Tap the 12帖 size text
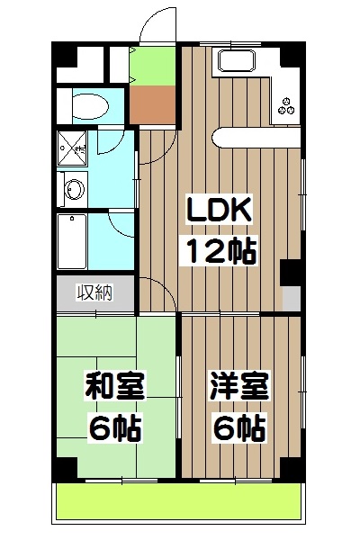tap(221, 249)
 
